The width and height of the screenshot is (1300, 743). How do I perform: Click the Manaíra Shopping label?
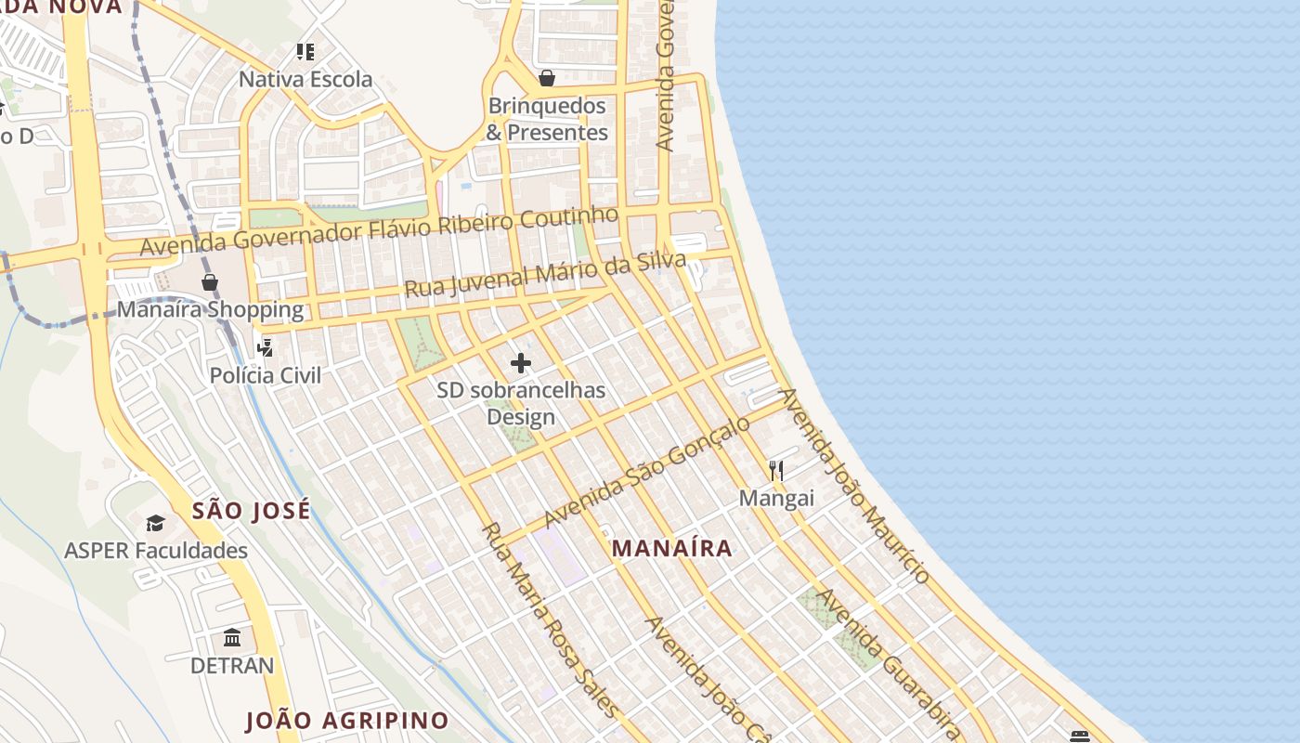(x=210, y=309)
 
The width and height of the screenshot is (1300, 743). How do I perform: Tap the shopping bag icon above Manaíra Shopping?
(x=210, y=281)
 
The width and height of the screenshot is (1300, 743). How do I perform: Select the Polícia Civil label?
(x=266, y=375)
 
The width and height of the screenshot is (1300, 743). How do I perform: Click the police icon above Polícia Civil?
(x=266, y=347)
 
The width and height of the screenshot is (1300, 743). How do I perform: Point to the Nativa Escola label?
(x=305, y=79)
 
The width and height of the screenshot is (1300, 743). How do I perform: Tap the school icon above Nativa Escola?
(x=305, y=52)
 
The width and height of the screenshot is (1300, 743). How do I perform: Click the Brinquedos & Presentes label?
(x=547, y=119)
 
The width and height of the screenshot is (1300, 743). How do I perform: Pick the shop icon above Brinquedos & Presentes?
(x=547, y=78)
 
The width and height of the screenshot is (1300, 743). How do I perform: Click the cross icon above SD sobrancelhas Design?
(x=521, y=363)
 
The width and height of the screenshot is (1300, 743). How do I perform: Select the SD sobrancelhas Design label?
(x=521, y=403)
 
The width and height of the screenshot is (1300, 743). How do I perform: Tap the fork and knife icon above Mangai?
(x=776, y=471)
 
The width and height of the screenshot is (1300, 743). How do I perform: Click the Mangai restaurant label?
(x=776, y=498)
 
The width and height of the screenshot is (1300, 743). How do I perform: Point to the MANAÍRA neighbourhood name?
(x=672, y=548)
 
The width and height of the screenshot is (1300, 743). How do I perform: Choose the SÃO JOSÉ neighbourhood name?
(x=251, y=510)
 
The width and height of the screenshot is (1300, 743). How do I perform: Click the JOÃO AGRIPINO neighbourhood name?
(x=347, y=720)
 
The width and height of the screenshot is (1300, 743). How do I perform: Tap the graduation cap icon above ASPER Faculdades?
(x=155, y=524)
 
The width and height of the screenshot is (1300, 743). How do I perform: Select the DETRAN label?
(x=232, y=665)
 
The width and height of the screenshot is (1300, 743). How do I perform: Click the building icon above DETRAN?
(x=232, y=638)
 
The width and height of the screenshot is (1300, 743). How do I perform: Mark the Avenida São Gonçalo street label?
(x=647, y=471)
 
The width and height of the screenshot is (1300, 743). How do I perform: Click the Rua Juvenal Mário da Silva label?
(x=545, y=274)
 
